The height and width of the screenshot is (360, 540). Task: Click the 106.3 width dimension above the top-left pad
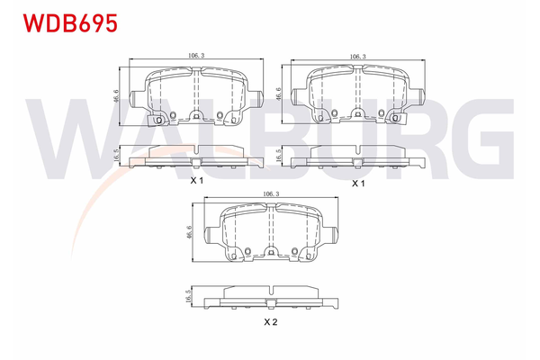click(x=195, y=55)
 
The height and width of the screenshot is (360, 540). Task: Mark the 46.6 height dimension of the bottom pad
click(x=188, y=232)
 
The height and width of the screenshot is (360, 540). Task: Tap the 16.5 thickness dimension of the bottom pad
click(x=188, y=298)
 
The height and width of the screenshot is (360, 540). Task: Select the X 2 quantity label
click(x=268, y=321)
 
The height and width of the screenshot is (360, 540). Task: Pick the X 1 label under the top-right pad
click(x=357, y=183)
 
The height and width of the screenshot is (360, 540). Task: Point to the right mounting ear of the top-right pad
click(x=417, y=97)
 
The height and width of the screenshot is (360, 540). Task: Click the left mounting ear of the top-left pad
click(x=137, y=97)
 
